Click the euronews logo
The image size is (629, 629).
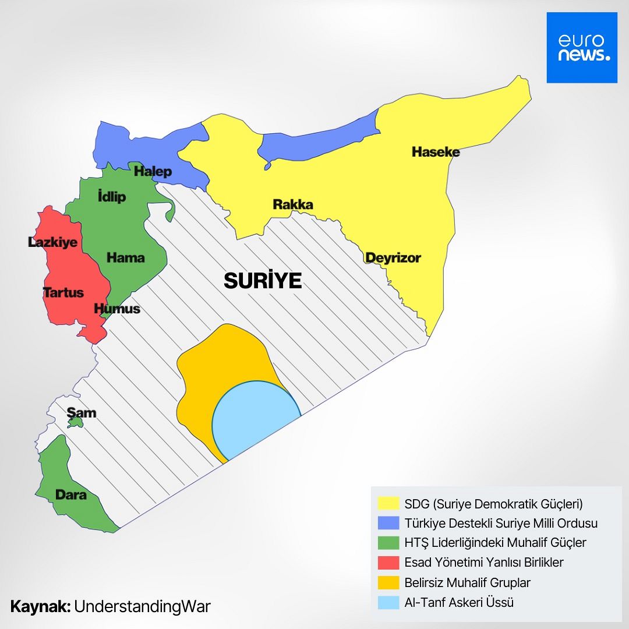coord(581,48)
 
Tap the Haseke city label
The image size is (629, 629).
coord(436,152)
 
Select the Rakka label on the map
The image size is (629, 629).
coord(293,204)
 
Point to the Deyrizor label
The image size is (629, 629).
coord(393,257)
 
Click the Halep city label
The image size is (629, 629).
coord(153,171)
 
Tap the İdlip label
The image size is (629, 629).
coord(112,197)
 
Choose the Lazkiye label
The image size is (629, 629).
coord(53,242)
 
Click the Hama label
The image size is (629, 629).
coord(126,257)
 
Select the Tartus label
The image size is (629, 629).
coord(63,292)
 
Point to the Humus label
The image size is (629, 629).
coord(117,309)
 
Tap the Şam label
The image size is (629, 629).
coord(82,413)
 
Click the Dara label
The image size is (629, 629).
coord(70,495)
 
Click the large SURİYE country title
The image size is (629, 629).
coord(263,281)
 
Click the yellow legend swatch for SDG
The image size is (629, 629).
coord(388,503)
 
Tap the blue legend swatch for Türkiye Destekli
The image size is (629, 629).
coord(388,523)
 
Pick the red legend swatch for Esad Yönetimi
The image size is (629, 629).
coord(388,563)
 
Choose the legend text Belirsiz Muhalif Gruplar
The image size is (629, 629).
coord(467,582)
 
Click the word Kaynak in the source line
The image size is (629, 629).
coord(40,606)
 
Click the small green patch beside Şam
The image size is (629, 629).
coord(75,423)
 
